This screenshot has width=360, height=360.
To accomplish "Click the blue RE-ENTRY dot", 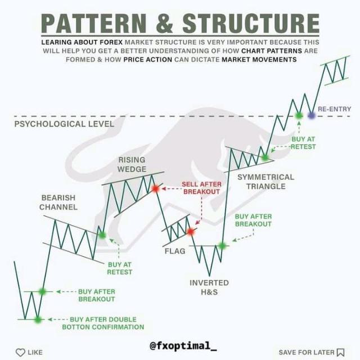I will click(x=312, y=115).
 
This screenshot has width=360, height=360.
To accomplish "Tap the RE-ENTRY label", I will click(x=335, y=108).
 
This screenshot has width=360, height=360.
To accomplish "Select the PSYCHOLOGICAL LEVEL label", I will click(x=64, y=124).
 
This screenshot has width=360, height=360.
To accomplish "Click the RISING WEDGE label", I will click(x=132, y=164).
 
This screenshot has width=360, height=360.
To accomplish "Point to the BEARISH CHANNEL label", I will click(x=58, y=202).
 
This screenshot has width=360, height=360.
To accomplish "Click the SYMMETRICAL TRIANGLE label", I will click(x=265, y=181).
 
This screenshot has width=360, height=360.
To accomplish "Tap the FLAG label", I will click(x=175, y=251).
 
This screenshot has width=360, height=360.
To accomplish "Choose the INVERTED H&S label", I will click(x=209, y=287).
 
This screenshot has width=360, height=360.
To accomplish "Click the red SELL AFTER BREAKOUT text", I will click(x=201, y=188).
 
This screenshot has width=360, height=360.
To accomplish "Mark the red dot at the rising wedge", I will click(x=156, y=188).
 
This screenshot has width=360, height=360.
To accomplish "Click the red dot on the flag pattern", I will click(x=190, y=231).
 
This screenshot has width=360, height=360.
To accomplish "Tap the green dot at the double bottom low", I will click(x=38, y=319).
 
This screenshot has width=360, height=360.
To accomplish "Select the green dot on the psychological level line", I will click(x=299, y=115).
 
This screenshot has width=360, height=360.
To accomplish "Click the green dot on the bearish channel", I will click(x=102, y=235).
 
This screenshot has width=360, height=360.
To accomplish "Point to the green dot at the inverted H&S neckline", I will click(x=222, y=245).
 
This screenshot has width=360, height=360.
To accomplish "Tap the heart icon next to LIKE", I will click(x=21, y=353).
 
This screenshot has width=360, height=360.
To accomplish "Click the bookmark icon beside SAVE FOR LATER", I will click(x=340, y=353).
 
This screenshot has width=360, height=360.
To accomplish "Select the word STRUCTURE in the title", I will click(x=250, y=24).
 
